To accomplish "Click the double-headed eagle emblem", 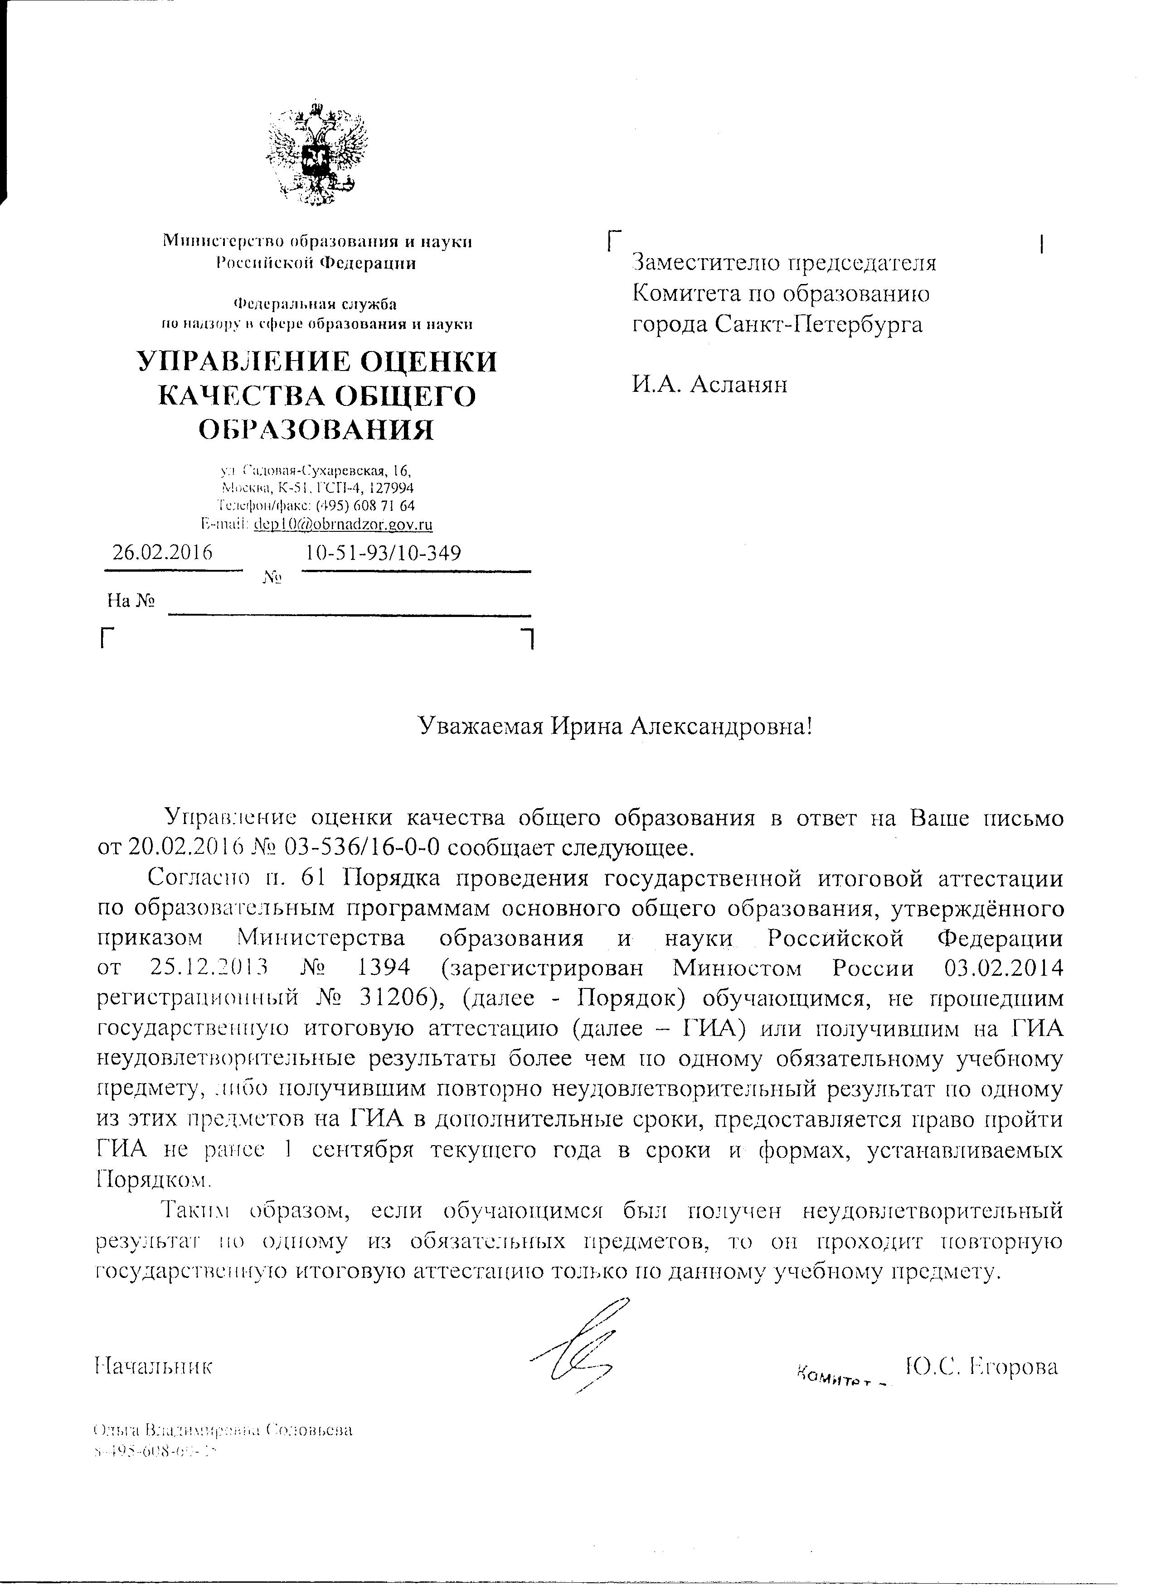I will (x=316, y=154).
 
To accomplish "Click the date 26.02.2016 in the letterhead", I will (x=163, y=553).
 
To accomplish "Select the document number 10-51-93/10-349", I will (x=384, y=553).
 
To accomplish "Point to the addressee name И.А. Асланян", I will (x=710, y=384).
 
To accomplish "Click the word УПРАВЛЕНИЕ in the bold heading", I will (x=237, y=362).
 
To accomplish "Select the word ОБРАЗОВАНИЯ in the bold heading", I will (x=316, y=429).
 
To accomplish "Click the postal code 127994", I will (x=391, y=487).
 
